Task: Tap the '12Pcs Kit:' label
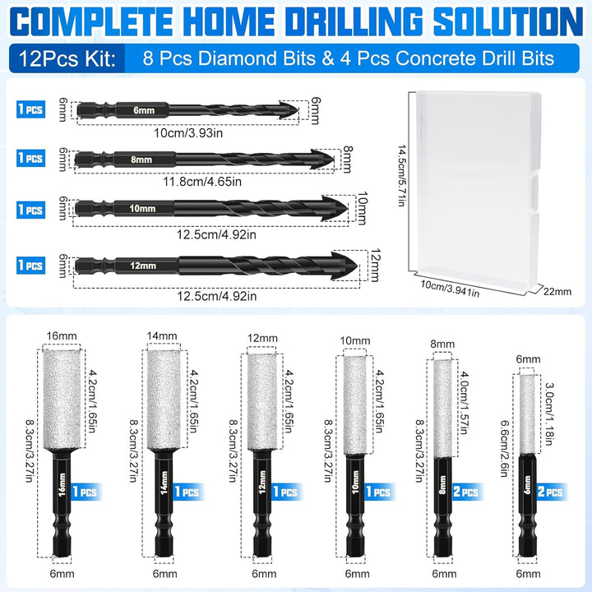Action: coord(67,59)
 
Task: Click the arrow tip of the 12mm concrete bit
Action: coord(358,266)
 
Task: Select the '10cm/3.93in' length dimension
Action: coord(188,133)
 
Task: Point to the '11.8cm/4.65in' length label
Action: coord(202,182)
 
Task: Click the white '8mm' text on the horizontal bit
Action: coord(141,160)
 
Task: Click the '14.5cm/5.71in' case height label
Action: coord(401,175)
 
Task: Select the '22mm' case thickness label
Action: coord(557,291)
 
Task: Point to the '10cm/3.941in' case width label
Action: coord(450,289)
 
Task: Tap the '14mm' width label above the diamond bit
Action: coord(162,335)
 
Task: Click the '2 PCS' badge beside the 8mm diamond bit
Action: coord(466,492)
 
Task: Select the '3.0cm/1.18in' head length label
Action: coord(550,414)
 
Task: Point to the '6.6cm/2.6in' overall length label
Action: coord(504,449)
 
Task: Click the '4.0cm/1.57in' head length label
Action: coord(465,403)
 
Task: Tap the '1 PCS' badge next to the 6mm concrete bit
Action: coord(31,109)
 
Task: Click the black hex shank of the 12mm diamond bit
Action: coord(263,503)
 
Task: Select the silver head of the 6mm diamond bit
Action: coord(527,414)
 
